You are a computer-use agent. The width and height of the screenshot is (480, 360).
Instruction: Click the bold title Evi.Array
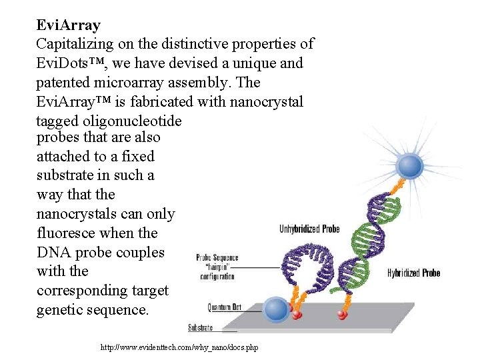coord(69,25)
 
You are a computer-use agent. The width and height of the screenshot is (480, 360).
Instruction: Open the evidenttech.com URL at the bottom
coord(179,347)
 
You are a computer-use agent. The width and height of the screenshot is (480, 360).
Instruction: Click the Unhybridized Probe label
coord(309,229)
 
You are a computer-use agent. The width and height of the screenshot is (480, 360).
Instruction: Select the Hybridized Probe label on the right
coord(413,273)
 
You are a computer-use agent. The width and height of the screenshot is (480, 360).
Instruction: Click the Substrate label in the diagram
coord(201,327)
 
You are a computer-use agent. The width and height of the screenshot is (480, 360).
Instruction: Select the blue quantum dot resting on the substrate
coord(275,309)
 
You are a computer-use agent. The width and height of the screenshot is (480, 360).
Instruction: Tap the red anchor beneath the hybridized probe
coord(343,313)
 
